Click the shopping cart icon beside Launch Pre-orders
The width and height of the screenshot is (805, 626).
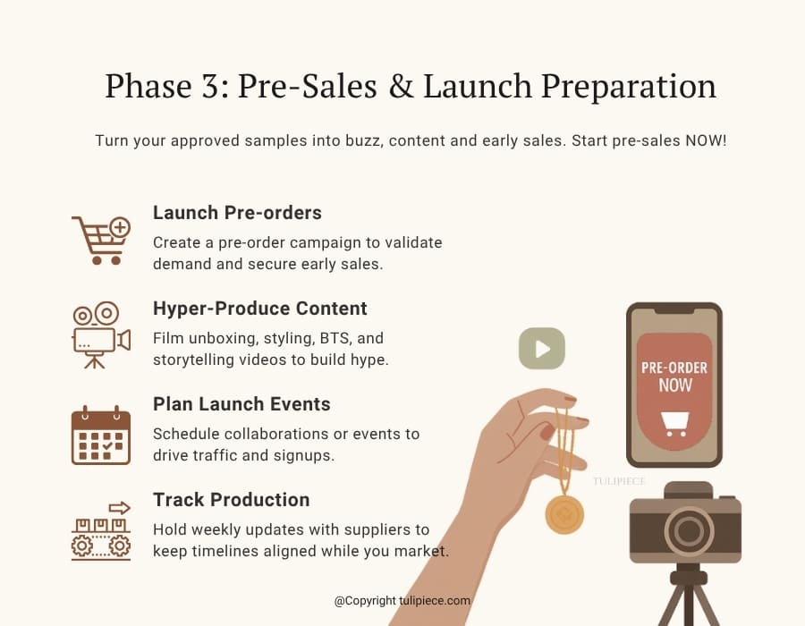99,240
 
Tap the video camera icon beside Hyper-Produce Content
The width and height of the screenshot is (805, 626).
99,334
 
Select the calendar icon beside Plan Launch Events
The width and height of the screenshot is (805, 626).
101,436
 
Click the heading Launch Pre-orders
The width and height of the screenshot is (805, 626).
237,213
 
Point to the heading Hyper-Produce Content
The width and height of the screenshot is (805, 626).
259,309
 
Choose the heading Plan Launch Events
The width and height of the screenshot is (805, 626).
241,404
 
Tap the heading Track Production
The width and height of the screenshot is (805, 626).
231,500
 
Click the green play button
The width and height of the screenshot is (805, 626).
542,349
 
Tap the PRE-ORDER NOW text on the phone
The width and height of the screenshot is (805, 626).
674,376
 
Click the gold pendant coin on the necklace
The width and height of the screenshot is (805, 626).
564,513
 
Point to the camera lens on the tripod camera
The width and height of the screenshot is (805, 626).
688,533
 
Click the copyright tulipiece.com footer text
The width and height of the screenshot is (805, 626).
402,601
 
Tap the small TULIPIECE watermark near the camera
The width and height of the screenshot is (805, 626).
619,481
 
